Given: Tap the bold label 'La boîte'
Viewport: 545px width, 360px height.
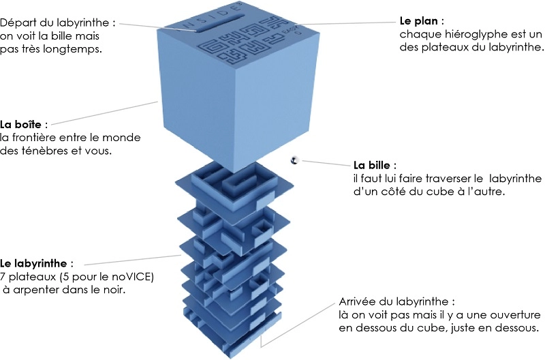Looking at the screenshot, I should click(22, 125).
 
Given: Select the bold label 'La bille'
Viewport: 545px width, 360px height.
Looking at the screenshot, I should click(375, 166).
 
